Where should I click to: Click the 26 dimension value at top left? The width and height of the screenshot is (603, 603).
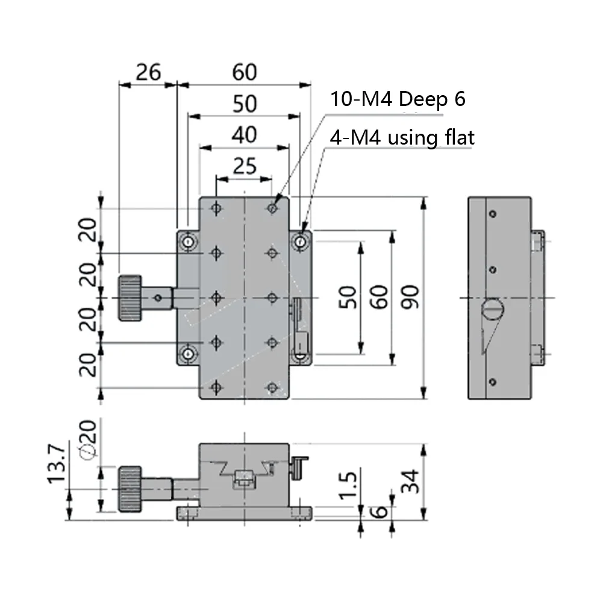(148, 72)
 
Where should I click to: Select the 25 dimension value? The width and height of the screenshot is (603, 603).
(245, 165)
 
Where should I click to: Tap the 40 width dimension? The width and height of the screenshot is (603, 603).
(245, 134)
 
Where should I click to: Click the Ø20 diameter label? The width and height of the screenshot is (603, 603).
(88, 443)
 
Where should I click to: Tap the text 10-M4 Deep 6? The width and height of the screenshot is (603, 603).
(397, 99)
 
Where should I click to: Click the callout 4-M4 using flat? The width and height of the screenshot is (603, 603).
(402, 138)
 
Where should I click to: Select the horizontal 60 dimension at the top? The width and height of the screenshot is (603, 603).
(245, 72)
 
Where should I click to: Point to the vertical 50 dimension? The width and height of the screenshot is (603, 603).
(349, 296)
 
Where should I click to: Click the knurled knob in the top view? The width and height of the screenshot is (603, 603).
(130, 298)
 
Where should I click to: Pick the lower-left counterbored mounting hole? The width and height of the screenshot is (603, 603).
(189, 354)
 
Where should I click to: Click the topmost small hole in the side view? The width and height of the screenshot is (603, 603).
(493, 214)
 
